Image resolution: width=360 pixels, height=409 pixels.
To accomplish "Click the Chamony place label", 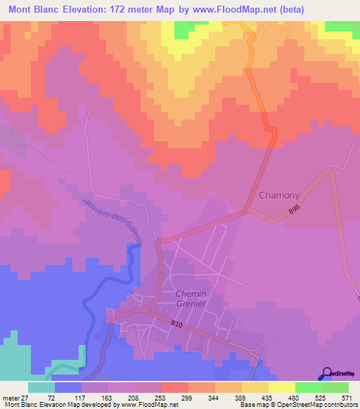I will pyautogui.click(x=280, y=195).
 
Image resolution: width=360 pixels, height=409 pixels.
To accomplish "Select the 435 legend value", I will pyautogui.click(x=285, y=397).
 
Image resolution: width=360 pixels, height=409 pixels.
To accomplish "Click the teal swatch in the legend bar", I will pyautogui.click(x=41, y=387).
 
